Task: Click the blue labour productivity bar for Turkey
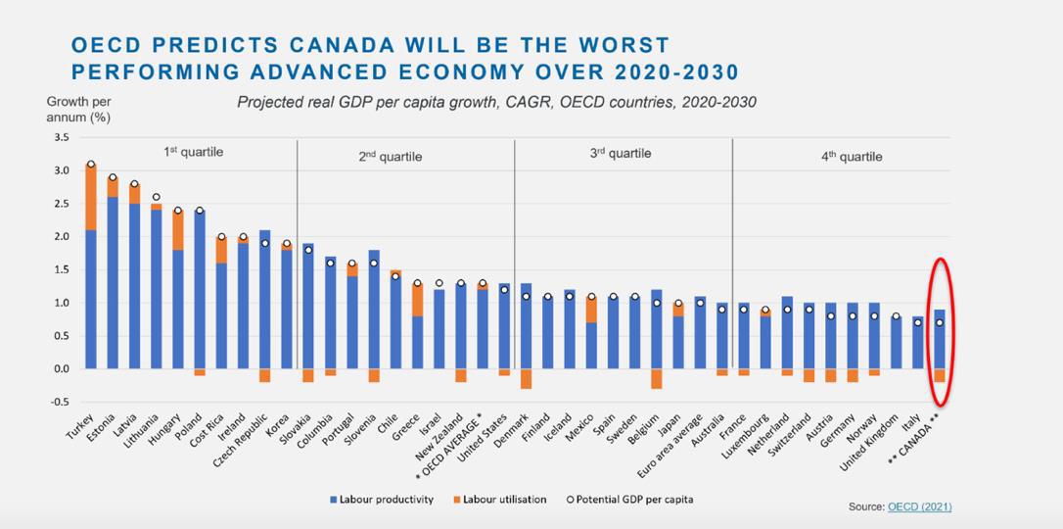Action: coord(91,299)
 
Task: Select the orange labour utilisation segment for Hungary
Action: coord(178,230)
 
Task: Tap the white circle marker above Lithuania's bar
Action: coord(157,197)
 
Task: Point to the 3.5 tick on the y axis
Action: coord(62,137)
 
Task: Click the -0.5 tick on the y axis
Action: coord(61,402)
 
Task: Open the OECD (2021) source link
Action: coord(919,506)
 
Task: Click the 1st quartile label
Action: coord(194,152)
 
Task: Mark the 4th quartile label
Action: coord(852,156)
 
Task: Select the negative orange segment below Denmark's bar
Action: coord(526,378)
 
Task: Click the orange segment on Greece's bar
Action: coord(417,299)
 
